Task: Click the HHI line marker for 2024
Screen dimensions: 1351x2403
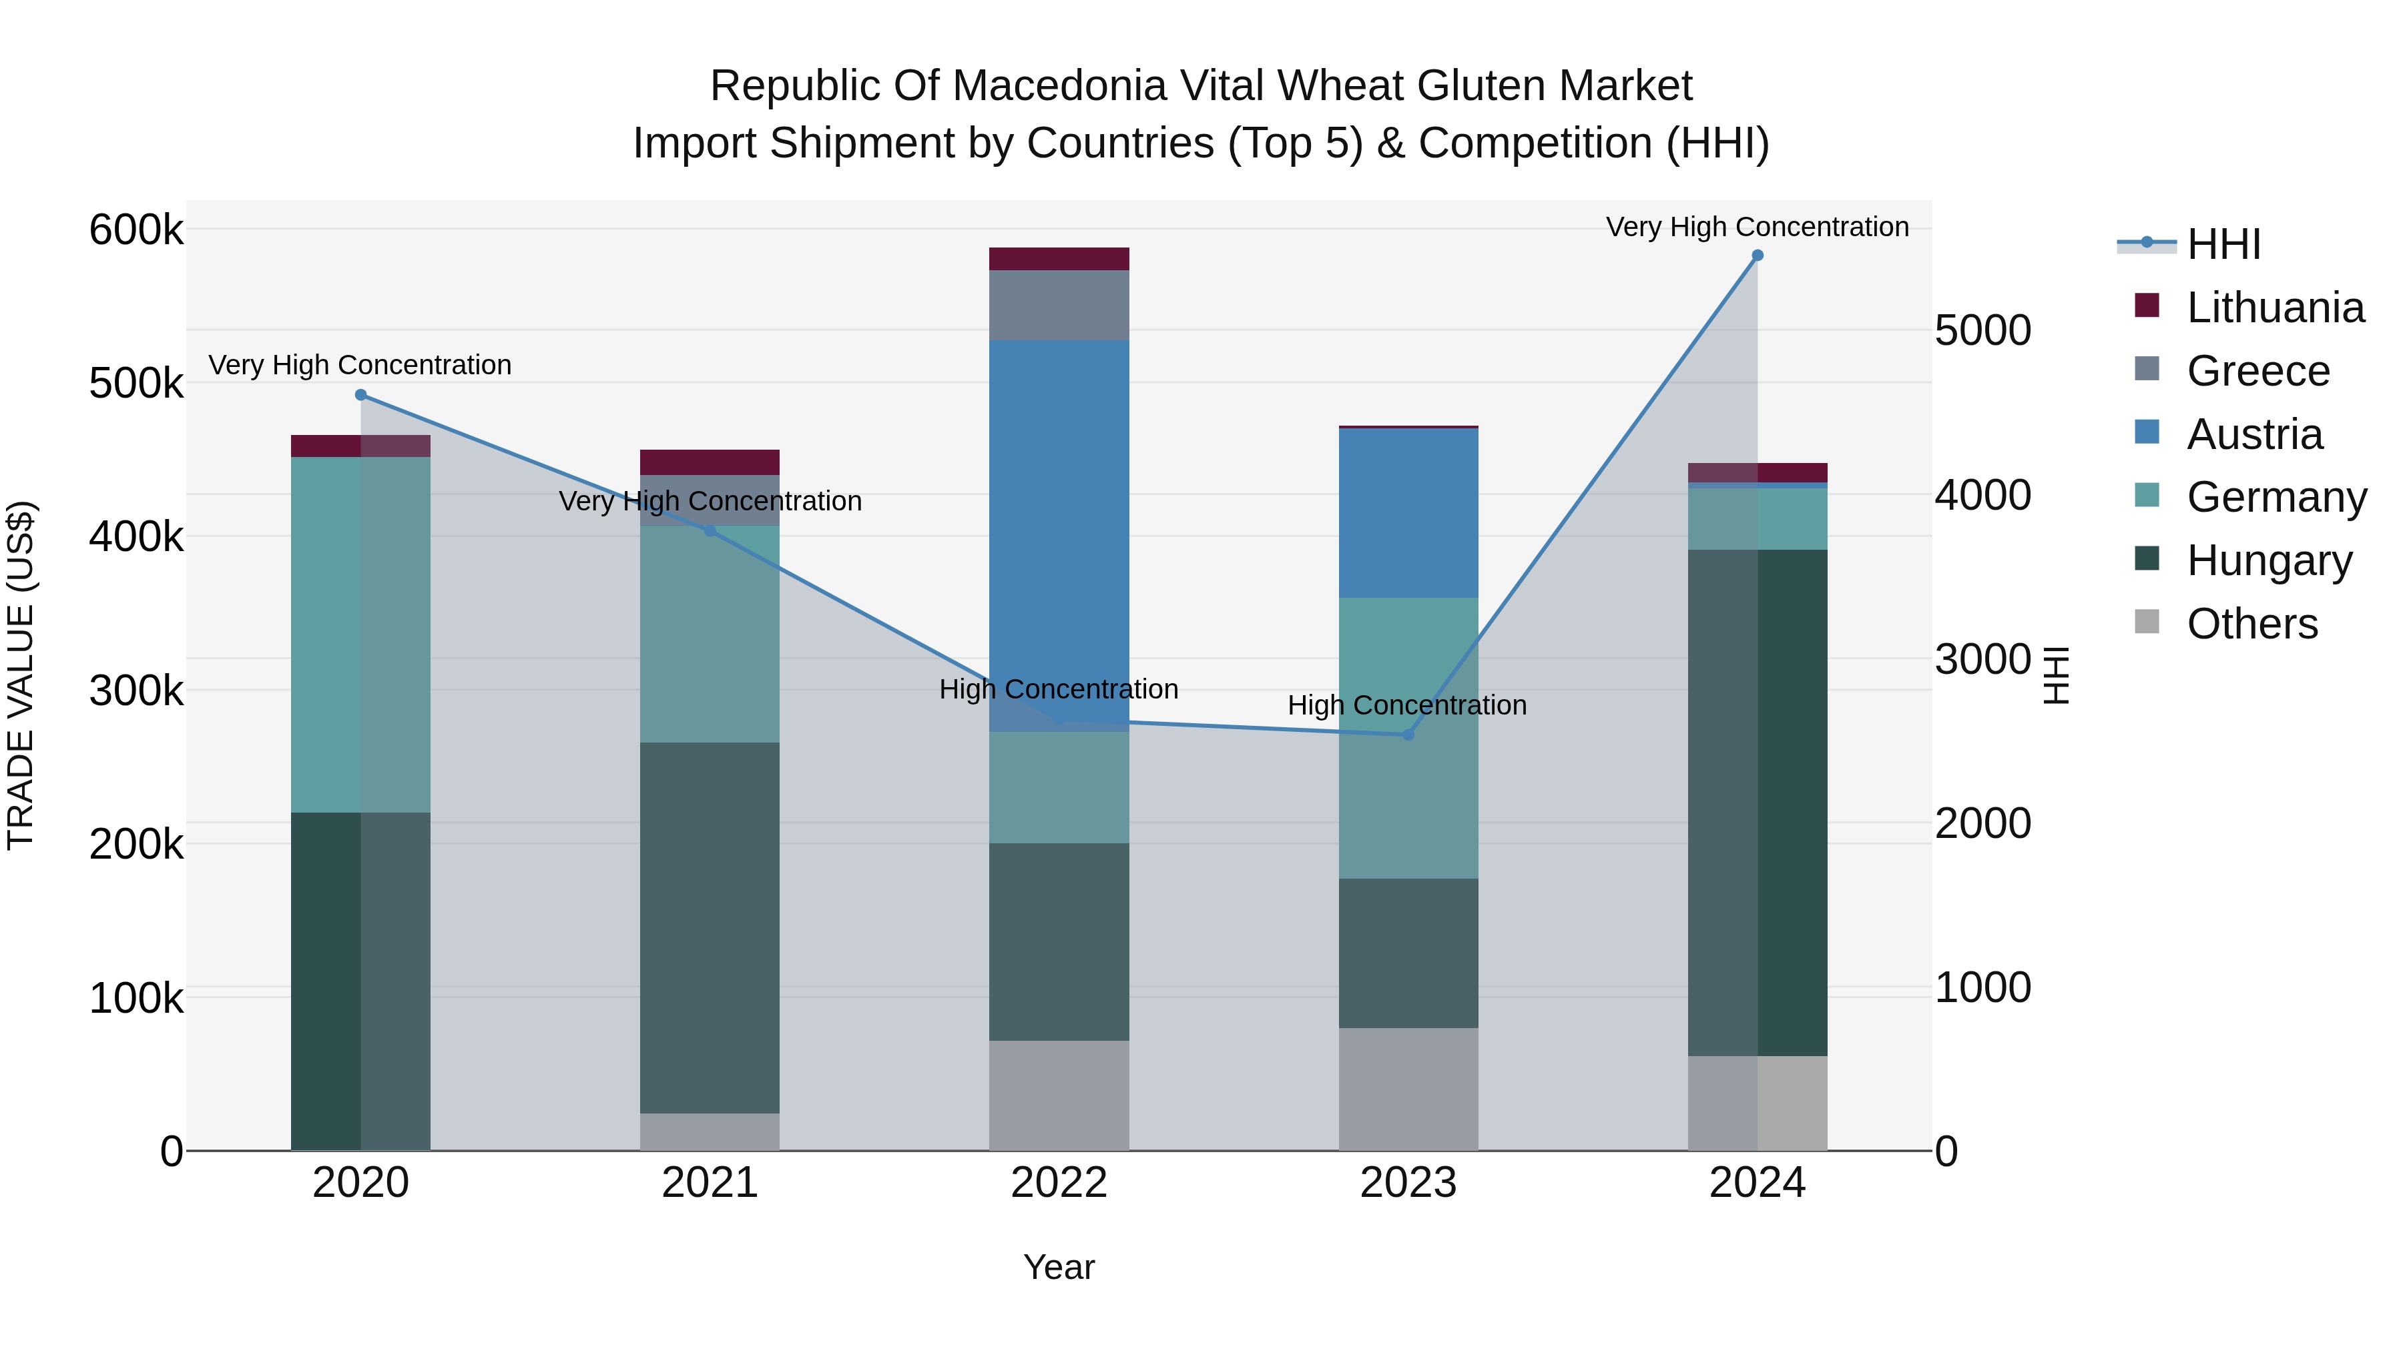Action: tap(1758, 256)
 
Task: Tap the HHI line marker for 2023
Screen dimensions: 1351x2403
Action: tap(1408, 735)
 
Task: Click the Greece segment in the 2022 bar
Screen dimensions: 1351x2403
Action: tap(1059, 305)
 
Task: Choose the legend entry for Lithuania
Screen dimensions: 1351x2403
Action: tap(2274, 308)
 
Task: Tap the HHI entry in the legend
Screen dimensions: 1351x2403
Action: tap(2223, 244)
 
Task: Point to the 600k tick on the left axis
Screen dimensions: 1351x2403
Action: tap(136, 230)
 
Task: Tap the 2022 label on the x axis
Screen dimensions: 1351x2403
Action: tap(1059, 1183)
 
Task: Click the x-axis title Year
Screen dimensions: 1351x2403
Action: tap(1059, 1267)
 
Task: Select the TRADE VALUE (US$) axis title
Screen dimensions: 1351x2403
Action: tap(21, 675)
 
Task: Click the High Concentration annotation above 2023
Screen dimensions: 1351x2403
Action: tap(1406, 705)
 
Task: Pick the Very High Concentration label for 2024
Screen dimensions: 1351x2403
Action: tap(1757, 227)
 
